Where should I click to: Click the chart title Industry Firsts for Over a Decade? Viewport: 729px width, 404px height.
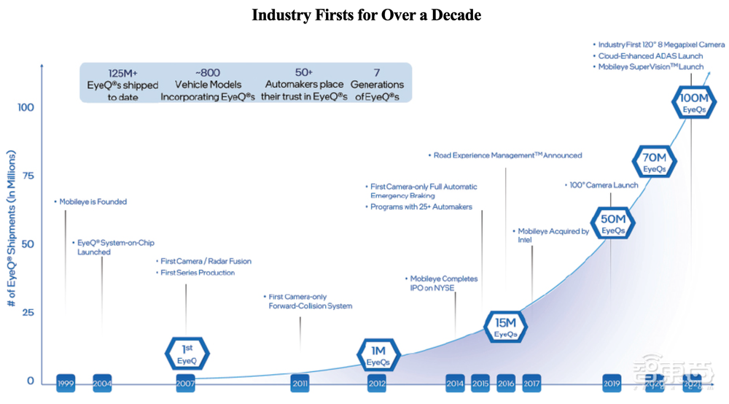366,15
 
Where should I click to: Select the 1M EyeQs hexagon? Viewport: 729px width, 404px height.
378,355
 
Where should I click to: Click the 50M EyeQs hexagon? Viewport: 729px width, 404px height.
612,224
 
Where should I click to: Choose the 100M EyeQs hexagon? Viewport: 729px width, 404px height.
692,104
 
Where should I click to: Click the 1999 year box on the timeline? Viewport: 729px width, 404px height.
66,383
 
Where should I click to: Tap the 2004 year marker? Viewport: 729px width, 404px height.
102,383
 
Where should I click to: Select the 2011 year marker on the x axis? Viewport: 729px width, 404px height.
300,383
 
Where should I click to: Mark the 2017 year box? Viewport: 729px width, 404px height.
531,383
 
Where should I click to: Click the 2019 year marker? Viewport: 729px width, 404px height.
612,383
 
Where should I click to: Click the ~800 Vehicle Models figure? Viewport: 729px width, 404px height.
208,74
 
